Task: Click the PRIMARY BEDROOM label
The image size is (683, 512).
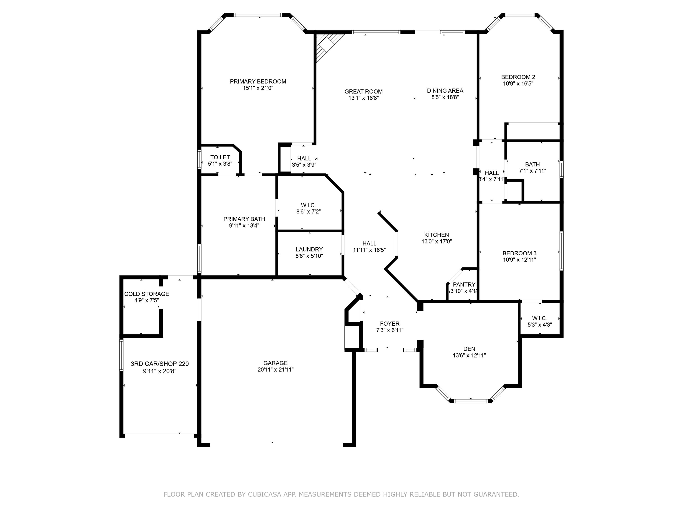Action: coord(258,81)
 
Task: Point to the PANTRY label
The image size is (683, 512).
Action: coord(464,284)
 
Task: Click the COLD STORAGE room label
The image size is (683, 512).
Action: coord(146,294)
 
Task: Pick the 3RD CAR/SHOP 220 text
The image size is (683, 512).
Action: coord(159,364)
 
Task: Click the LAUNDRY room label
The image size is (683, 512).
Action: coord(309,249)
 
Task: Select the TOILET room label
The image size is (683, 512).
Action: coord(220,157)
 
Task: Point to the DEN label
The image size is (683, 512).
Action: coord(469,349)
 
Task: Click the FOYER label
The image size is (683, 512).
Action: coord(389,323)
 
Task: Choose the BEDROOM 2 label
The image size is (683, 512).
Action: coord(518,77)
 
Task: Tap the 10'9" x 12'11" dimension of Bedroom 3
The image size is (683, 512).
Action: coord(519,260)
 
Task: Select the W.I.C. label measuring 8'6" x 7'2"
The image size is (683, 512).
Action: coord(308,205)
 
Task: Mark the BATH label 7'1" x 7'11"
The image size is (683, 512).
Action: coord(532,165)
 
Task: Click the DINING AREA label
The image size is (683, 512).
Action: coord(445,91)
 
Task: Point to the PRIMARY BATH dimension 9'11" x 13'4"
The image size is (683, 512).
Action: coord(244,226)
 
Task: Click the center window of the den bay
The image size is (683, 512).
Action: coord(471,401)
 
